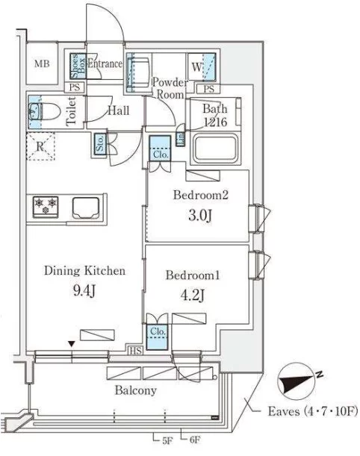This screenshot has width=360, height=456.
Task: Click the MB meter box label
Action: coord(42,63)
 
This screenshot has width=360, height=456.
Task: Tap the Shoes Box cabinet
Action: coord(78,66)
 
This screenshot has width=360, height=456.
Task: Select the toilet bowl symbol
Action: coord(45,111)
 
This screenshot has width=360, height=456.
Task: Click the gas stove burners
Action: coord(46,206)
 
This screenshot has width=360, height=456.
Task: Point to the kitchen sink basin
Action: coord(86,207)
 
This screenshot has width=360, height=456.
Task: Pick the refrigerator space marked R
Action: coord(40,146)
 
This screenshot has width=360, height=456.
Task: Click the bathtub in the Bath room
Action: coord(216,149)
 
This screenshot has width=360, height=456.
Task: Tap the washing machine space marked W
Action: coord(202,67)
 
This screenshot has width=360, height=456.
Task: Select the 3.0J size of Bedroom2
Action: coord(200,216)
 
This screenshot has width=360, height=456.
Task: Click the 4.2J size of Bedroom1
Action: coord(193,296)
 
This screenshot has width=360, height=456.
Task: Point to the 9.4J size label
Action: coord(84,290)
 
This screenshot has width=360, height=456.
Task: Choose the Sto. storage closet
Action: coord(100,145)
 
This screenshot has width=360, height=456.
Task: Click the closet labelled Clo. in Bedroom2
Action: coord(160,149)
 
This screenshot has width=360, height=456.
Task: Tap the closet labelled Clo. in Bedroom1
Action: coord(157,336)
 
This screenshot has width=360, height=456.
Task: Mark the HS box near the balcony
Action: coord(136,351)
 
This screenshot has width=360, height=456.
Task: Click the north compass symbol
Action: coord(297,381)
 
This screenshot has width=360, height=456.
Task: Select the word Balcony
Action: coord(136,390)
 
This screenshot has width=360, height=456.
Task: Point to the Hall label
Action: coord(119,110)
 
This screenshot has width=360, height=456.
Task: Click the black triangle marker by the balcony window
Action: coord(72,344)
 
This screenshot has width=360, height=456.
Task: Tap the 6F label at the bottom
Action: coord(195,440)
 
